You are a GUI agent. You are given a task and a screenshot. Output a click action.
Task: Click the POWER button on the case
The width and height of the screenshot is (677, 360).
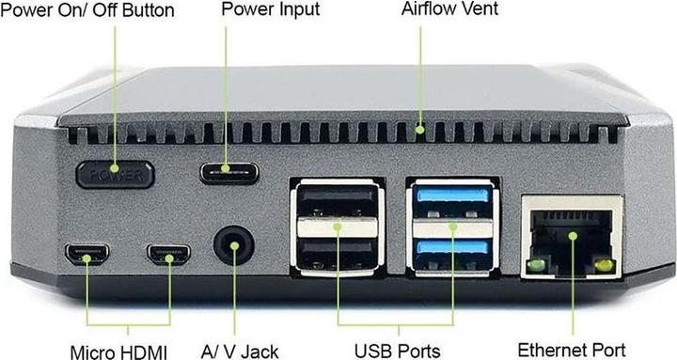tap(116, 174)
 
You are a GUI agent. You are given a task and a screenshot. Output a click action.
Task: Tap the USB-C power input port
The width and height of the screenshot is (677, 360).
tap(228, 174)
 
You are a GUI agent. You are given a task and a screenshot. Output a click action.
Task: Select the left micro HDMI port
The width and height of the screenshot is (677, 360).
tap(87, 254)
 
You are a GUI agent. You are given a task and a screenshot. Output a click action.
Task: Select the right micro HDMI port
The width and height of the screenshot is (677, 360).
tap(168, 254)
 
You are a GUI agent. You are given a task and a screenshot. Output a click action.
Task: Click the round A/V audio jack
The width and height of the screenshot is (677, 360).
tap(234, 246)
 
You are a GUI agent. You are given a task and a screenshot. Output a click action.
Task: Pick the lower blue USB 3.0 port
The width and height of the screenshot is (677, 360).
tap(452, 250)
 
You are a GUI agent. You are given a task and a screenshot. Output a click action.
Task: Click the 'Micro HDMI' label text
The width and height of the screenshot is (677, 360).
tap(120, 352)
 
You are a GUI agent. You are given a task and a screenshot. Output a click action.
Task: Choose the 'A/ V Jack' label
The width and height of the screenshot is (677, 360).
tap(240, 352)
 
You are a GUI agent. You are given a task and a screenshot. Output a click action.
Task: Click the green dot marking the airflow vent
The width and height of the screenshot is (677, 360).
tap(420, 127)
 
